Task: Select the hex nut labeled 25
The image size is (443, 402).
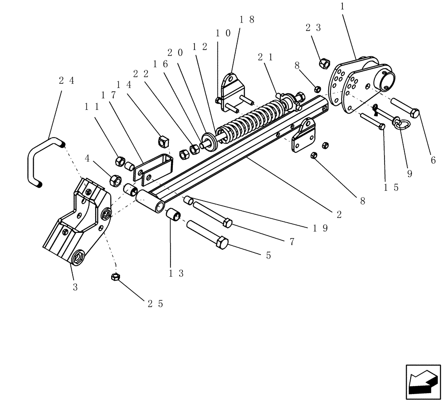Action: click(x=114, y=277)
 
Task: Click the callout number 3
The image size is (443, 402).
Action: click(x=75, y=287)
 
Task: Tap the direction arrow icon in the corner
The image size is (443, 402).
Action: click(x=423, y=382)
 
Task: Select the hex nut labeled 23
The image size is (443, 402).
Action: click(x=324, y=63)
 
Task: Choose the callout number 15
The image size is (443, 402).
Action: click(x=392, y=187)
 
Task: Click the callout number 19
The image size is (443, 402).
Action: click(x=319, y=228)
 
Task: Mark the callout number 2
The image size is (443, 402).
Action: click(x=339, y=214)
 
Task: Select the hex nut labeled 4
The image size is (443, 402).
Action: click(x=116, y=180)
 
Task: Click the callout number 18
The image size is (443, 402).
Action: click(x=247, y=19)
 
